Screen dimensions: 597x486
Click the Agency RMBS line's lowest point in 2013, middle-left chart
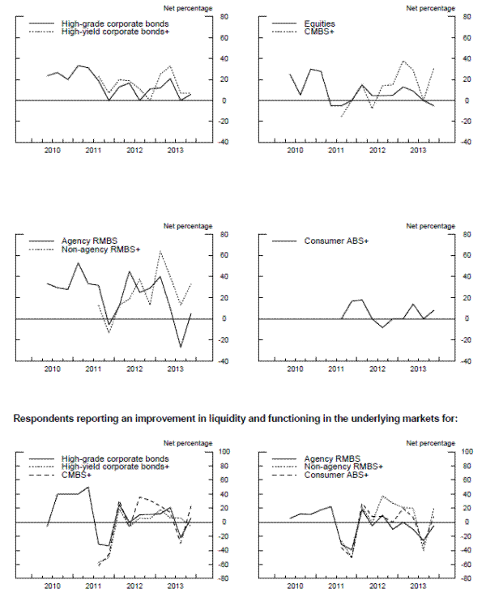[180, 347]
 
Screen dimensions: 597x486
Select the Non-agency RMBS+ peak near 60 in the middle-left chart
[160, 252]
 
